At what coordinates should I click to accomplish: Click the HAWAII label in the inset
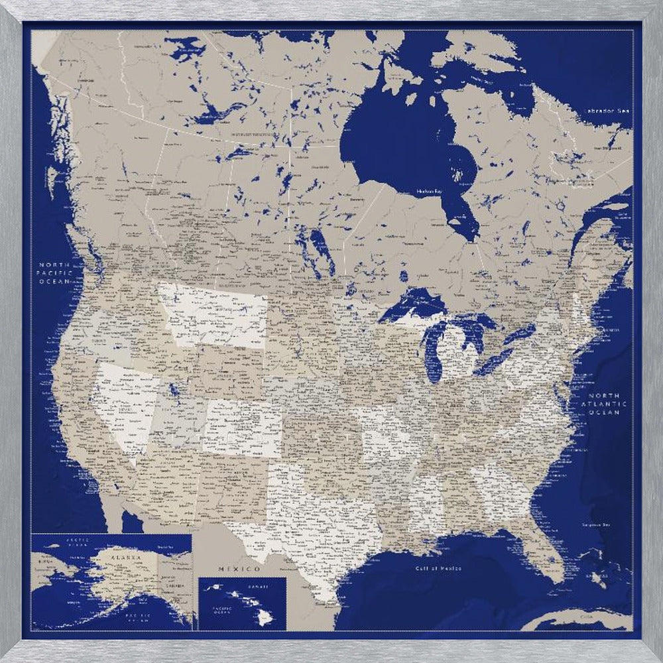click(259, 587)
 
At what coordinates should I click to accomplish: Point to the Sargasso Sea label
click(595, 524)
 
